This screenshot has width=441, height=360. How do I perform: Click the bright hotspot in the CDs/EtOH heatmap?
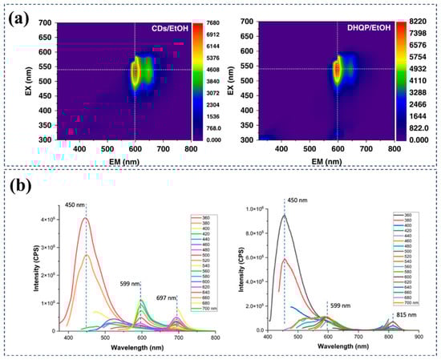coord(136,71)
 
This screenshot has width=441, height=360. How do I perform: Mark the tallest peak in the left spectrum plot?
coord(85,218)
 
